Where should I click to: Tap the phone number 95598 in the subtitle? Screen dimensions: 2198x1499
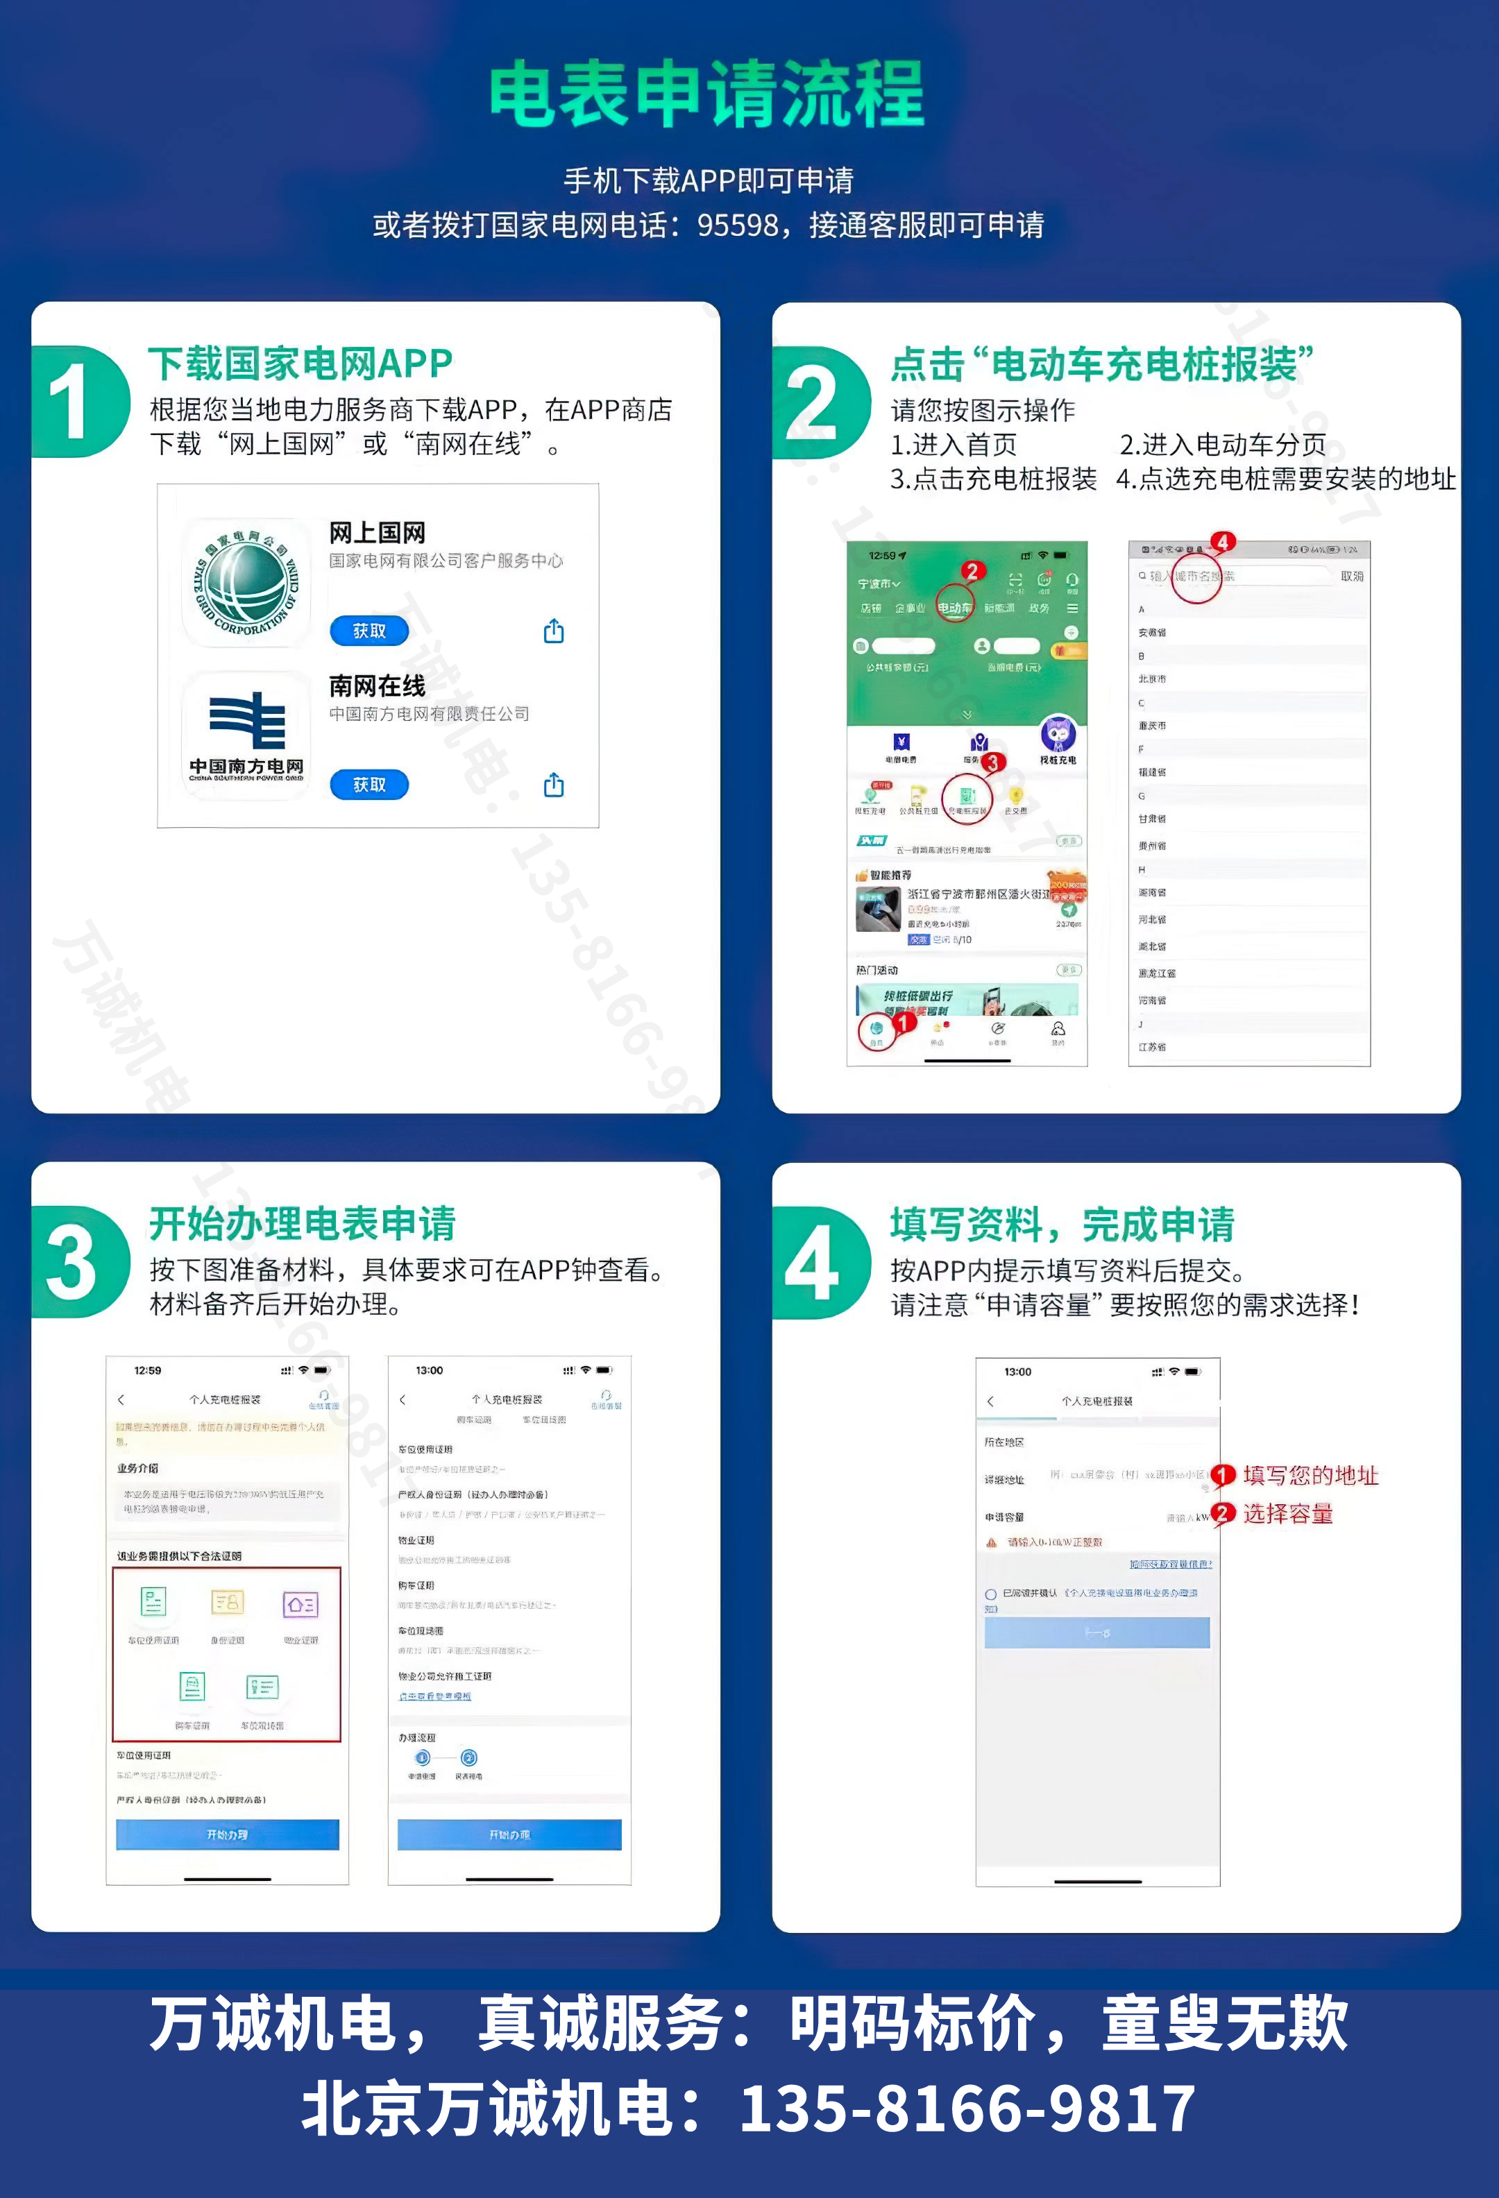[x=738, y=225]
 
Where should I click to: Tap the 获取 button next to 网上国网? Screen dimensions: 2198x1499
[x=369, y=631]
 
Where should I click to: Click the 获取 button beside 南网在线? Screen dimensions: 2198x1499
[x=369, y=784]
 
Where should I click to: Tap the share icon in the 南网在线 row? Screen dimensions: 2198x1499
[x=553, y=784]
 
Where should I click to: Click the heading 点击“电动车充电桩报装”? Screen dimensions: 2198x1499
[x=1102, y=364]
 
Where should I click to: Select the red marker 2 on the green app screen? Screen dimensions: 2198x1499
[x=972, y=571]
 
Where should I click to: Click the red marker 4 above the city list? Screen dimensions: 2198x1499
[x=1223, y=542]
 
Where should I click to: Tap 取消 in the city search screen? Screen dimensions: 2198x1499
[x=1351, y=576]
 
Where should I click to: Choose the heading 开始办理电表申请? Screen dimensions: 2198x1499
[x=303, y=1224]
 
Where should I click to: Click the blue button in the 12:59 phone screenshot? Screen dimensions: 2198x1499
[x=227, y=1834]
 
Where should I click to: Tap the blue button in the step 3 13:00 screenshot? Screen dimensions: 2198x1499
[x=509, y=1834]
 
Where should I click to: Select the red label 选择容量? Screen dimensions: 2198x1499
[x=1287, y=1514]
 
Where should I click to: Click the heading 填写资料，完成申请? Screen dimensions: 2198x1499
[x=1062, y=1225]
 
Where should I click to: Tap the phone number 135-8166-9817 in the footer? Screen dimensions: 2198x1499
[x=967, y=2109]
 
